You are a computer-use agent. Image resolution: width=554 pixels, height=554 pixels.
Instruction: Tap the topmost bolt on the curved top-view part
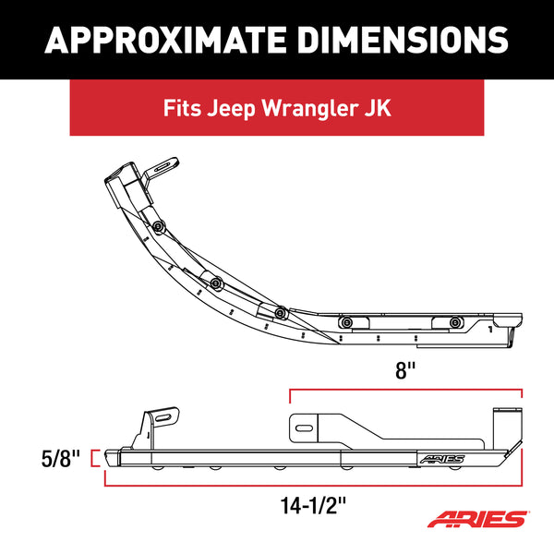pyautogui.click(x=161, y=228)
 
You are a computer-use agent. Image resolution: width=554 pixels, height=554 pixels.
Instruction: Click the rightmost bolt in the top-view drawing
pyautogui.click(x=456, y=321)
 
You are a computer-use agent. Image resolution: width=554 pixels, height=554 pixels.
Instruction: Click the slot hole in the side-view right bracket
pyautogui.click(x=306, y=426)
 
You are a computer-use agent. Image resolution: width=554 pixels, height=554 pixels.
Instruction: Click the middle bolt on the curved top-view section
pyautogui.click(x=217, y=282)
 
